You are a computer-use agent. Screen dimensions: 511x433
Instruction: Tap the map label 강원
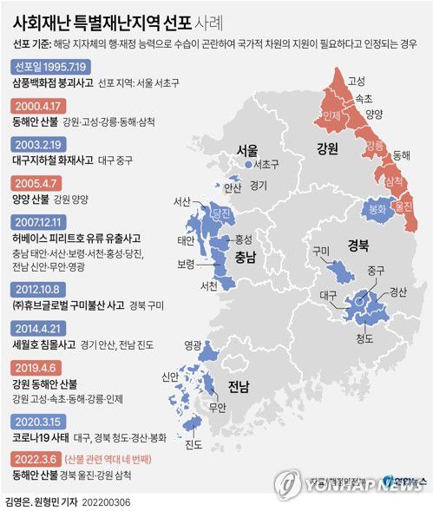tap(328, 147)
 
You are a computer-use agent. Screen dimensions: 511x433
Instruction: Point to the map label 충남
tap(237, 257)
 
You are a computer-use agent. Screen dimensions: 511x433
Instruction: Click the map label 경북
tap(358, 244)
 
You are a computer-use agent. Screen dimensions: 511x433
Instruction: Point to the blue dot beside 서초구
tap(248, 164)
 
